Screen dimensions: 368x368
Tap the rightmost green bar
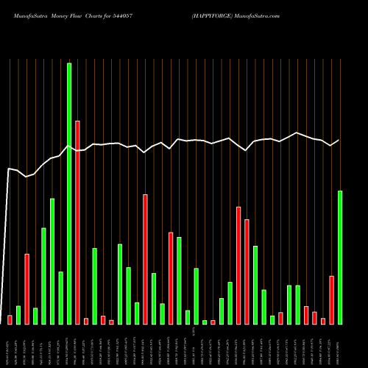coord(340,258)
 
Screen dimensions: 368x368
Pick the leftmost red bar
coord(10,319)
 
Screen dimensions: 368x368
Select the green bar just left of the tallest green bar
coord(60,298)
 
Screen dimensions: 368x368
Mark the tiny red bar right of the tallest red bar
coord(86,321)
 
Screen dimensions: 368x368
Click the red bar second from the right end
coord(323,321)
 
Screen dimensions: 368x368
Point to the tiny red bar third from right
coord(315,317)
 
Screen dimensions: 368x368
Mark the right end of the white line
coord(339,140)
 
